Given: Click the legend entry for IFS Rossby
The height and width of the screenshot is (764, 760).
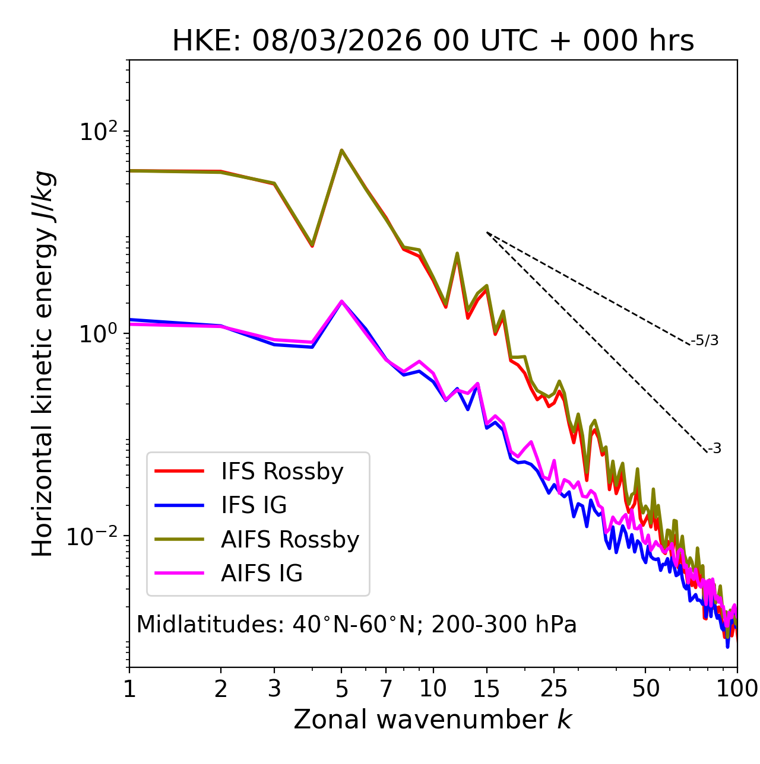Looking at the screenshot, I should point(282,472).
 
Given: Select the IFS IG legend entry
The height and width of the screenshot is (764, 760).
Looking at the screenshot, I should point(254,505).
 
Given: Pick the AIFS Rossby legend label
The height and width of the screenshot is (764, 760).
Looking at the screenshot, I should point(290,540).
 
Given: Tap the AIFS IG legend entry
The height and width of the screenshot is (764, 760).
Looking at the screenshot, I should point(262,574).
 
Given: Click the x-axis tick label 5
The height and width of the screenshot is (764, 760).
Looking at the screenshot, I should point(341,689).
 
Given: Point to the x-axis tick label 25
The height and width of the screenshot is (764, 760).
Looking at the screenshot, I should point(554,689).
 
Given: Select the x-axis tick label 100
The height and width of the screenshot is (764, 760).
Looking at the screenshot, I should point(737,689).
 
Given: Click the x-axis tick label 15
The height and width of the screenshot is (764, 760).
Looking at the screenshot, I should point(486,689).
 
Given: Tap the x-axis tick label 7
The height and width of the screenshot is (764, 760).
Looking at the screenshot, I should point(386,689).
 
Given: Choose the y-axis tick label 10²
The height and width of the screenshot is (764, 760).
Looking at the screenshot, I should point(97,132).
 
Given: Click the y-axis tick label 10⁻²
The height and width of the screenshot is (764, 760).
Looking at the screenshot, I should point(95,536).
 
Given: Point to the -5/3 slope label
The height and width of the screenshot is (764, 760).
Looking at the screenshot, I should point(705,340).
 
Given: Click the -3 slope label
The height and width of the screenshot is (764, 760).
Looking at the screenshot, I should point(714,448).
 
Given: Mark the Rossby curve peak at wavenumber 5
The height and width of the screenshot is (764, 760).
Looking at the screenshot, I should point(341,150).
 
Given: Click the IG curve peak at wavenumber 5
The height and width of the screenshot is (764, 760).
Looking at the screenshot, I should point(341,301).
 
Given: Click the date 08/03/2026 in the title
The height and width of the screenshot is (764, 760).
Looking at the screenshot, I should point(337,41).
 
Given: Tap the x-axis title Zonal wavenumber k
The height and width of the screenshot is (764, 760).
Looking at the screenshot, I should point(432,720).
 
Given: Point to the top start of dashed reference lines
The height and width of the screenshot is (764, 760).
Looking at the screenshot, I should point(487,232).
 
